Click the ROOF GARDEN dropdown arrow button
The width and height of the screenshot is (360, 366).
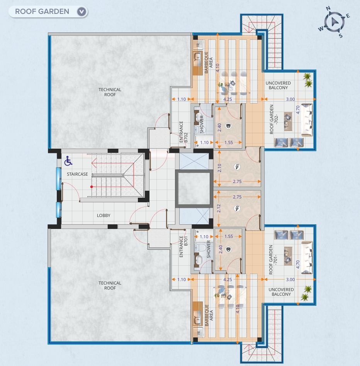pyautogui.click(x=82, y=12)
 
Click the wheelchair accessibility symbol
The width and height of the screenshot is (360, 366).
pyautogui.click(x=68, y=161)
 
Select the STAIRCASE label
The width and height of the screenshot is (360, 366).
pyautogui.click(x=77, y=174)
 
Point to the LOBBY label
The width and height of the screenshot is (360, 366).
pyautogui.click(x=104, y=215)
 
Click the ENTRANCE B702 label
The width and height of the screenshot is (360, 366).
pyautogui.click(x=183, y=132)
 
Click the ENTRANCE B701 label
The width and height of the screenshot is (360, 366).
pyautogui.click(x=183, y=246)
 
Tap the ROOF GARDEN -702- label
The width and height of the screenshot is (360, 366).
pyautogui.click(x=273, y=119)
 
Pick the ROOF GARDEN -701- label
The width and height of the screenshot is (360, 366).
pyautogui.click(x=273, y=259)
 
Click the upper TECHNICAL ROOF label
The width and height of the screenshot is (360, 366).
pyautogui.click(x=110, y=92)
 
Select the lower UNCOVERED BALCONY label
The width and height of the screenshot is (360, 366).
pyautogui.click(x=281, y=292)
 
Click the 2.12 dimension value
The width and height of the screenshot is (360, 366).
pyautogui.click(x=219, y=208)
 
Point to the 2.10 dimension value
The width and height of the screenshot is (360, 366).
pyautogui.click(x=219, y=168)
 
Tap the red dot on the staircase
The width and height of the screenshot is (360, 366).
pyautogui.click(x=92, y=187)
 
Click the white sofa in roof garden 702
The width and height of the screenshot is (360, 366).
pyautogui.click(x=307, y=120)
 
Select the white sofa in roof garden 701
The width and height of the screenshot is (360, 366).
pyautogui.click(x=307, y=258)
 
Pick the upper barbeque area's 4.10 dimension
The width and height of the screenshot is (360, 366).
pyautogui.click(x=217, y=68)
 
